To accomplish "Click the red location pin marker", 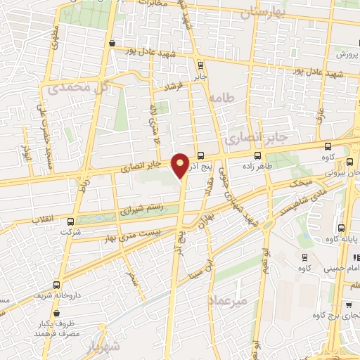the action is (x=181, y=165).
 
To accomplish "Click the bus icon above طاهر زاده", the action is (x=258, y=155).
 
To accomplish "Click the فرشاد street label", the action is (x=172, y=88).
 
